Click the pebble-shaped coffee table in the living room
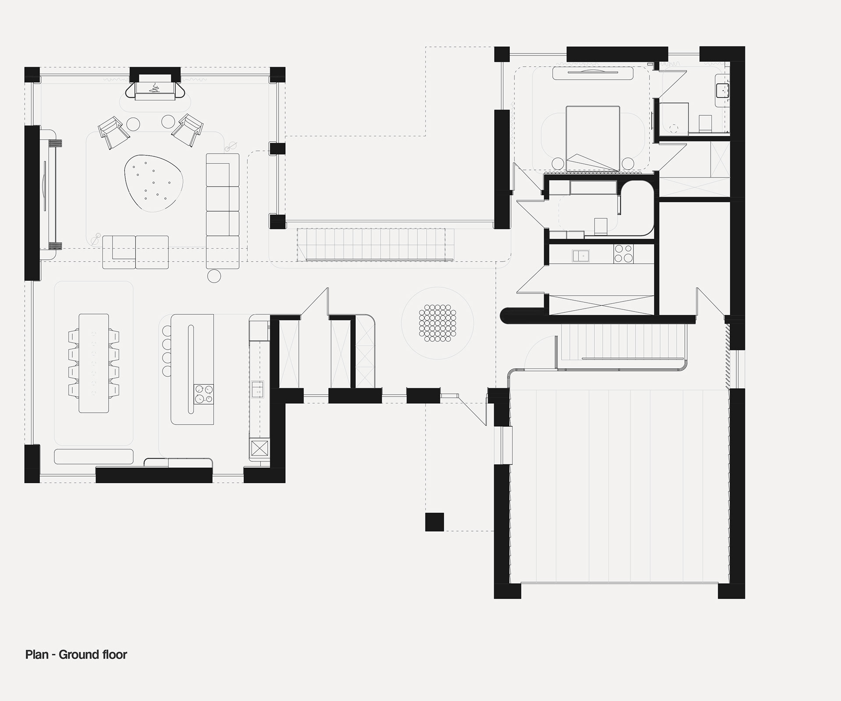coord(153,183)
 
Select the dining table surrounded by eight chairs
coord(94,363)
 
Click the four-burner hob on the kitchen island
coord(204,393)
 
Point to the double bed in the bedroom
coord(593,138)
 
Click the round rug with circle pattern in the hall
coord(437,323)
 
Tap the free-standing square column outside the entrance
coord(435,522)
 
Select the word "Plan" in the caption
coord(37,655)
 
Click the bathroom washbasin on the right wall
coord(722,91)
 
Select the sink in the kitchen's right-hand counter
coord(257,389)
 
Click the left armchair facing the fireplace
coord(113,132)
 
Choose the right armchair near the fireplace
coord(187,130)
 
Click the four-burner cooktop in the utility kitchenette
coord(623,253)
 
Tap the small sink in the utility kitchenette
coord(580,255)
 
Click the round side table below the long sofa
coord(214,276)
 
